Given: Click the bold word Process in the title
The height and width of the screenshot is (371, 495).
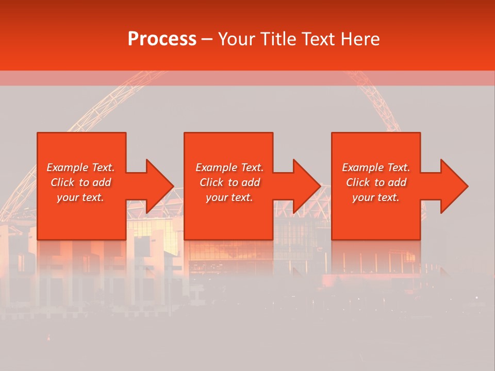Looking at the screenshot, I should pos(162,39).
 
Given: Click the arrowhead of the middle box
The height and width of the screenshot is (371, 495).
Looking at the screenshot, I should pos(306,186).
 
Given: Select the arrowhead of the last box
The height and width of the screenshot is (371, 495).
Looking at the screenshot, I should pos(454,186).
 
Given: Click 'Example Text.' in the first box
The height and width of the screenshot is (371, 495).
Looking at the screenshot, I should pos(80,167).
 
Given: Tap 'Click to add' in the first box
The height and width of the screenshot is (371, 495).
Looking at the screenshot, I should pos(80,182).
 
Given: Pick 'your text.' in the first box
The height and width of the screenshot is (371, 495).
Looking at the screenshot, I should pos(80,197).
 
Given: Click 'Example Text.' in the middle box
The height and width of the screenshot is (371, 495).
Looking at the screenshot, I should pos(229,167).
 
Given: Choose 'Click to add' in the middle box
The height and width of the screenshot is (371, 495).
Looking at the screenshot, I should pos(229,182).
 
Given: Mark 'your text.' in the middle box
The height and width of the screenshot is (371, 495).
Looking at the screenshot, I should pos(229,197).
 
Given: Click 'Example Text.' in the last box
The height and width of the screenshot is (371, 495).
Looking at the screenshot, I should pos(376,167).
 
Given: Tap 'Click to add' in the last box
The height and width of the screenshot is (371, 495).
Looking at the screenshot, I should pos(376,182).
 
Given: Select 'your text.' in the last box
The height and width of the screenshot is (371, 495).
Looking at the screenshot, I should pos(376,197).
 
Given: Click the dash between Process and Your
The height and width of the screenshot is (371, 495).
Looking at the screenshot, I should pos(207,40).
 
